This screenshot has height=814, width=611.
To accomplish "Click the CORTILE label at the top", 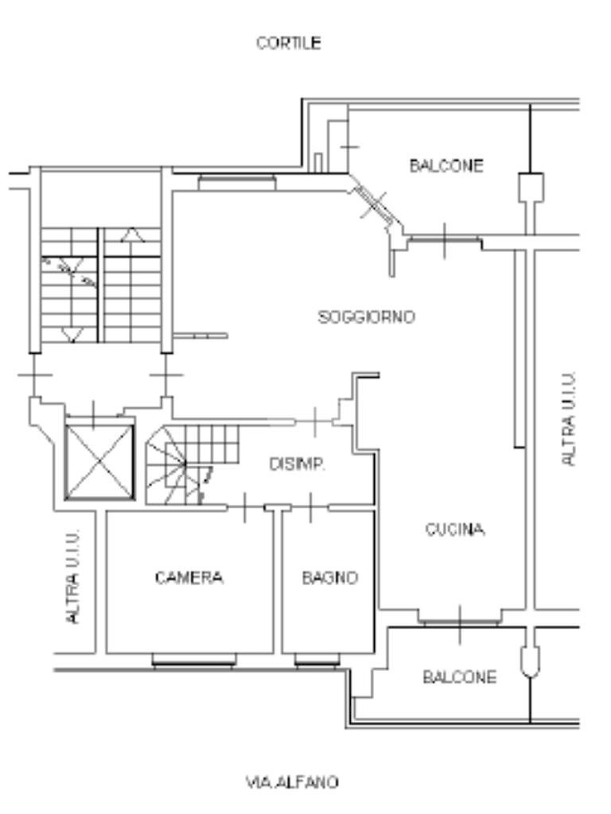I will point(289,43).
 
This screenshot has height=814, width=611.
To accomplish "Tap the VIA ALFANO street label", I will point(291,782).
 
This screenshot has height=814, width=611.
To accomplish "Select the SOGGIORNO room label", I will point(366,317).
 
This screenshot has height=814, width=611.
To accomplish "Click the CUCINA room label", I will point(454,530).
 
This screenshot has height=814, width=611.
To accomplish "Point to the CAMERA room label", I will point(189,578).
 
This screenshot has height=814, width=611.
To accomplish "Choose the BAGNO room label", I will point(329,578).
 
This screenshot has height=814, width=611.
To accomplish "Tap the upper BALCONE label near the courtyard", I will point(446,166).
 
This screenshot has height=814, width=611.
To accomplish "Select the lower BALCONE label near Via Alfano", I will point(459,677).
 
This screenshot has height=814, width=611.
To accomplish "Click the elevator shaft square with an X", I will point(99,462).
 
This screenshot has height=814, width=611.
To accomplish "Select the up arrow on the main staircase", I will point(132,235).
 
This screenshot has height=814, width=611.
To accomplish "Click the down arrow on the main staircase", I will point(72,334).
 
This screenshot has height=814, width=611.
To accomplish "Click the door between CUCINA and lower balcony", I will point(461,618).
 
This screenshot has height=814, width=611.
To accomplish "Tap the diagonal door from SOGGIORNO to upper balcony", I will point(372,203).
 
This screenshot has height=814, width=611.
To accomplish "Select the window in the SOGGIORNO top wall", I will point(237,183).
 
